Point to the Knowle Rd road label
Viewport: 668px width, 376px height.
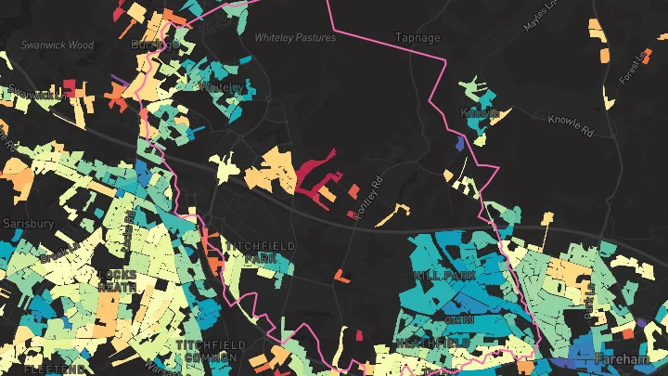coord(576,120)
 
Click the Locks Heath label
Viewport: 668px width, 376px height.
coord(117,280)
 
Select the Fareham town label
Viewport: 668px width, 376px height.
coord(623,359)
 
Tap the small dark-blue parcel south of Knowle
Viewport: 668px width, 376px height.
coord(461,144)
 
